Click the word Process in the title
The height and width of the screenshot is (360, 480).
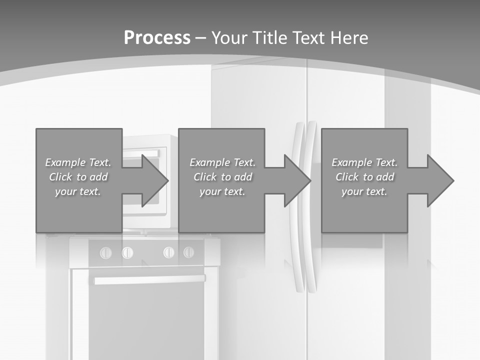157,37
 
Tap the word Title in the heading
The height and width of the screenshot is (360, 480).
269,37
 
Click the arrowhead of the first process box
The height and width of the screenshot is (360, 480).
155,180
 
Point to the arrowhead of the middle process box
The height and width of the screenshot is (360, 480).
298,180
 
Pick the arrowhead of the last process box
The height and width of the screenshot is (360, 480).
440,180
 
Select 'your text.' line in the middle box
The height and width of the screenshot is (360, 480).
222,191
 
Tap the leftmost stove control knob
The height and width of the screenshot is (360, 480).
106,252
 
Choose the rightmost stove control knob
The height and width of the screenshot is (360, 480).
188,252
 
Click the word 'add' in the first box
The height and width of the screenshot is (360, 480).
98,177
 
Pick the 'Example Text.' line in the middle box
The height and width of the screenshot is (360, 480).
222,162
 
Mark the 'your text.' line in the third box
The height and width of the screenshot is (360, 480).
364,191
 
